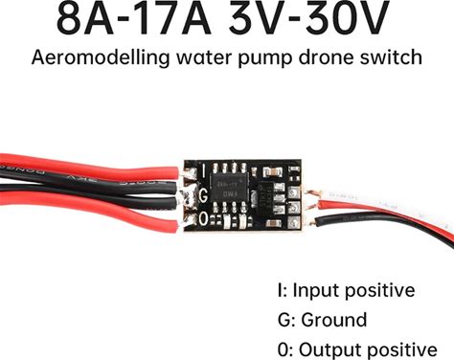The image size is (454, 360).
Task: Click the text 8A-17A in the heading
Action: [x=133, y=17]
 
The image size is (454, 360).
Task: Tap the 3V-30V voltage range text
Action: [x=309, y=17]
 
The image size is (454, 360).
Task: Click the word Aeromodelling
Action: [x=101, y=58]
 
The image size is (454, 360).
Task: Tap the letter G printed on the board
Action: [x=203, y=195]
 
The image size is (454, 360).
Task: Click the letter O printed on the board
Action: [x=203, y=218]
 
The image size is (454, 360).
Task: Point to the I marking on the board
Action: [x=203, y=171]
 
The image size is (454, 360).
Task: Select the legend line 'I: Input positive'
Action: [x=347, y=290]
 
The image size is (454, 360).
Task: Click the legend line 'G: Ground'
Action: [x=323, y=320]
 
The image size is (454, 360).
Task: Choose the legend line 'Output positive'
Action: [x=368, y=349]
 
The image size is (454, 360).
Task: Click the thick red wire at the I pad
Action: [x=89, y=166]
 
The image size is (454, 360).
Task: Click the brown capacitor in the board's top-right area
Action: [x=272, y=172]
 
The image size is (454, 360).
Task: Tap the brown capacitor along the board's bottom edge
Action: [x=272, y=223]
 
